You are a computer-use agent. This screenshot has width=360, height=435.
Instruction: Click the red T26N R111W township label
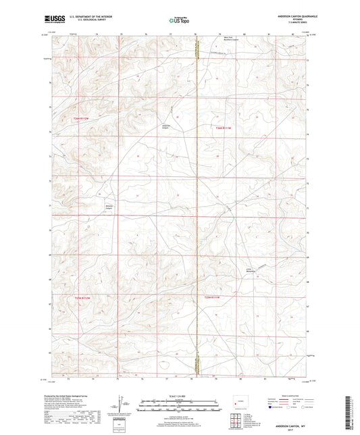pos(224,128)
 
